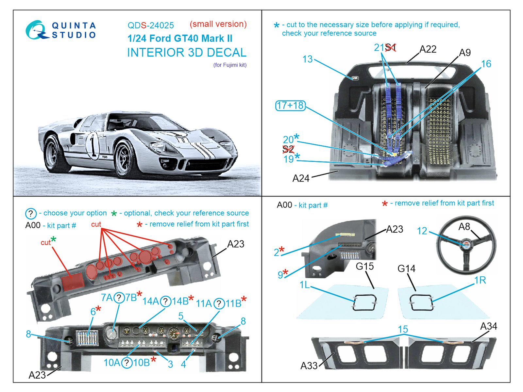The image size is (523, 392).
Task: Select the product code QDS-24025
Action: (151, 25)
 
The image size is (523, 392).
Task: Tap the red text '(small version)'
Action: (218, 24)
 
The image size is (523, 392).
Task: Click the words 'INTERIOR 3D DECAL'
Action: (187, 52)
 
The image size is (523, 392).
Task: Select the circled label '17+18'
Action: (290, 106)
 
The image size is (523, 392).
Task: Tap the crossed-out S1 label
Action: (390, 48)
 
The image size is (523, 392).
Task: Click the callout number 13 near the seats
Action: (307, 59)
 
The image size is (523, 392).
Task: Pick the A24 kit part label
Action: (301, 178)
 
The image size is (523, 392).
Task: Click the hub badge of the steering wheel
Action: (466, 245)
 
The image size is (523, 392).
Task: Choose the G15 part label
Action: (364, 266)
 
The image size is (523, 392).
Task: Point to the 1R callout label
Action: (480, 280)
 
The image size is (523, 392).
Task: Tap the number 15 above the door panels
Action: (403, 329)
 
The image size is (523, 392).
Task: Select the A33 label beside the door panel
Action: (309, 366)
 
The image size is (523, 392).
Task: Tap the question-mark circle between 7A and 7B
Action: (119, 298)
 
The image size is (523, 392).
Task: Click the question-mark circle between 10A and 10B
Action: (127, 363)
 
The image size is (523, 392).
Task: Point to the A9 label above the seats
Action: (465, 53)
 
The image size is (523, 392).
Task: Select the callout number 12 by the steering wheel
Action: (422, 231)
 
